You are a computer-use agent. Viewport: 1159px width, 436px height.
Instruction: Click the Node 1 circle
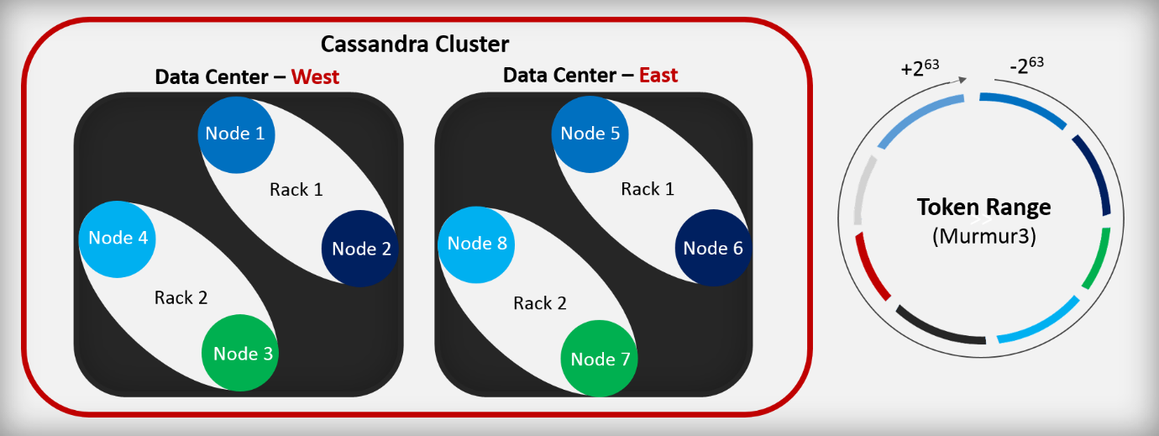(x=236, y=134)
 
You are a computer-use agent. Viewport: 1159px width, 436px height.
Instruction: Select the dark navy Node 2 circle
(x=360, y=248)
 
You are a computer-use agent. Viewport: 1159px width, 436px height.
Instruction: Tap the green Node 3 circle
(x=242, y=354)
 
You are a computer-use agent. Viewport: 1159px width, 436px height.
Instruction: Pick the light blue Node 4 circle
(x=118, y=238)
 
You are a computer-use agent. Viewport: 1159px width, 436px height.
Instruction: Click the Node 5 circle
(x=590, y=134)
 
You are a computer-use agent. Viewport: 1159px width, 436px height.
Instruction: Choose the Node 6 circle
(x=713, y=248)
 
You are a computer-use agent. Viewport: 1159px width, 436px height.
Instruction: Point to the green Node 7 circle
(x=600, y=360)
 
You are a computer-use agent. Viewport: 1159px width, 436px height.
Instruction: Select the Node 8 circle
(x=476, y=244)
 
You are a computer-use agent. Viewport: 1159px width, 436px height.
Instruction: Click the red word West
(x=315, y=76)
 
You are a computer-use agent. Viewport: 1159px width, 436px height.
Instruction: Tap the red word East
(x=658, y=75)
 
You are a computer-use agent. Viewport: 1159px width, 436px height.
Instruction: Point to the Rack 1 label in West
(x=296, y=190)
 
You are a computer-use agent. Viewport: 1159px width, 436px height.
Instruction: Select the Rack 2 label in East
(x=540, y=302)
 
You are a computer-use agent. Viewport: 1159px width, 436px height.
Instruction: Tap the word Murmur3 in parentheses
(x=983, y=236)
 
